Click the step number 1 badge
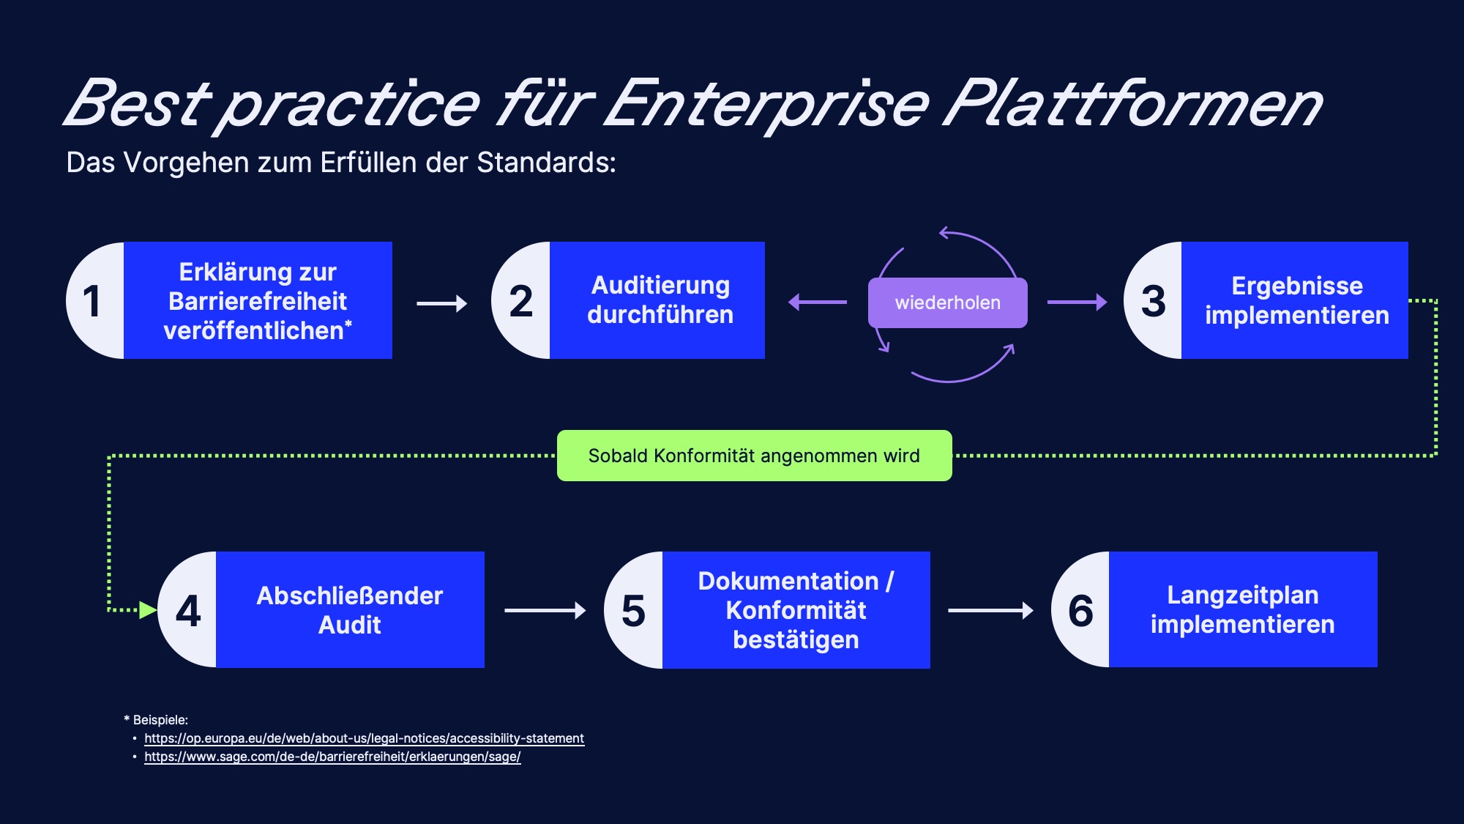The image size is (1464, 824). point(96,300)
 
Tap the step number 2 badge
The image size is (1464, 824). point(521,300)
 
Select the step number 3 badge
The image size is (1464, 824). point(1153,300)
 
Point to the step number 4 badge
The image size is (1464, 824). point(188,609)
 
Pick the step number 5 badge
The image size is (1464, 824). point(634,609)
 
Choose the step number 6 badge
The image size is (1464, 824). point(1080,609)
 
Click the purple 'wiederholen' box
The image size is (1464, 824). point(948,302)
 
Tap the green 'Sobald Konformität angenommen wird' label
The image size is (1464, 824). point(755,456)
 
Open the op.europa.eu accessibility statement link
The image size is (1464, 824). point(364,738)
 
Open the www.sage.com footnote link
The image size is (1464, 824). point(332,757)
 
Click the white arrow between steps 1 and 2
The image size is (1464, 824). point(442,303)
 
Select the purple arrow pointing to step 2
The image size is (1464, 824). point(818,302)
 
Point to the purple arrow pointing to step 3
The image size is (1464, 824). point(1078,302)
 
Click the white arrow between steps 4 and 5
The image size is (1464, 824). point(545,610)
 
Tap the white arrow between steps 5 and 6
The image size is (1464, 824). point(990,610)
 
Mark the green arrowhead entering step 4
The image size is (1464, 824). point(149,610)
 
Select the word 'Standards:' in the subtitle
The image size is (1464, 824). point(546,163)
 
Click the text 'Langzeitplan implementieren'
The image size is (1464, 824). point(1243,609)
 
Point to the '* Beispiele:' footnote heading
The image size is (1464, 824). point(156,720)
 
